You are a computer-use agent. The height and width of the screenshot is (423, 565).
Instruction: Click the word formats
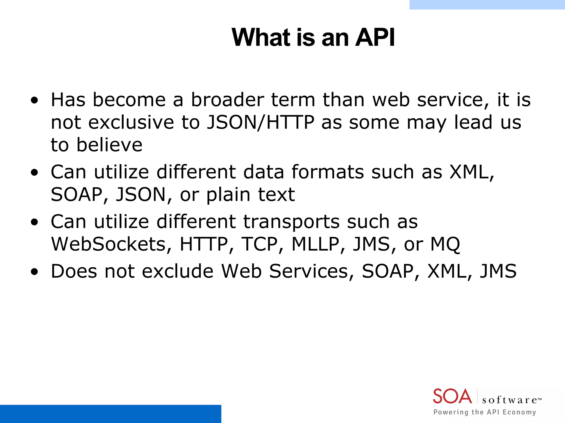pyautogui.click(x=328, y=172)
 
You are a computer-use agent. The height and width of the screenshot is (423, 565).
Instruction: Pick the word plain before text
pyautogui.click(x=228, y=195)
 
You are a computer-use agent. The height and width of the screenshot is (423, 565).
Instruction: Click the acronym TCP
pyautogui.click(x=259, y=244)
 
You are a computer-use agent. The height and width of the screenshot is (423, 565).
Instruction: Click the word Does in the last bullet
pyautogui.click(x=74, y=271)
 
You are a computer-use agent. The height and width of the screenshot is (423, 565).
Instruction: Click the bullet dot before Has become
pyautogui.click(x=34, y=101)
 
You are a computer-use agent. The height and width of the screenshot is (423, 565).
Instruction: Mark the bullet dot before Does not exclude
pyautogui.click(x=34, y=272)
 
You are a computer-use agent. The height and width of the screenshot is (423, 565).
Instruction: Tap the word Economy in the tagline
pyautogui.click(x=519, y=412)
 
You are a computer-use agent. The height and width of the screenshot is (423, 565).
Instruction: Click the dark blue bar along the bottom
pyautogui.click(x=110, y=414)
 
